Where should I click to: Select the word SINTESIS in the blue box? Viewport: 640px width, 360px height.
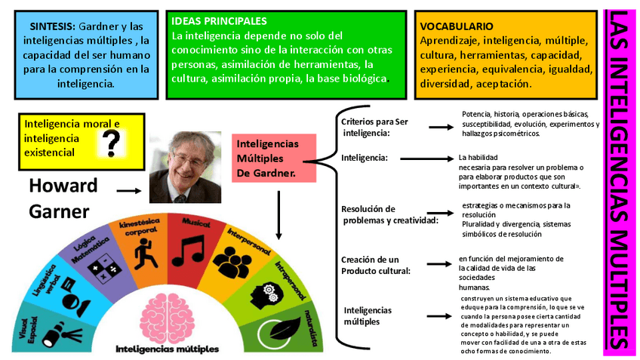(x=52, y=26)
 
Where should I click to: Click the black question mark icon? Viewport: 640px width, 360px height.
(x=112, y=140)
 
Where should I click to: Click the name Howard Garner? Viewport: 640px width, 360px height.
(x=63, y=198)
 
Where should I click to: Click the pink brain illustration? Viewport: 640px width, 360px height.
(x=168, y=317)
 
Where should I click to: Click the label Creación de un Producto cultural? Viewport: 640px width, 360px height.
(x=376, y=265)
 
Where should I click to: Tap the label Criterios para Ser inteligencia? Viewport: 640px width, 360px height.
(x=374, y=126)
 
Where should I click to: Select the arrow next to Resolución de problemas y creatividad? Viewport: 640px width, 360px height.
(x=440, y=215)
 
